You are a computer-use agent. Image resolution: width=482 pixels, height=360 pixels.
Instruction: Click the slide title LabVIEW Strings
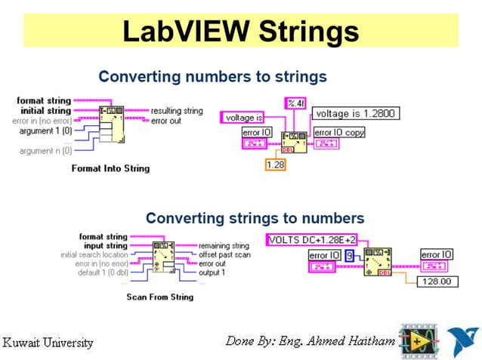(x=240, y=31)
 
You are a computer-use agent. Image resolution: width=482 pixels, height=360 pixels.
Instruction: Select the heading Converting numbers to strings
(x=212, y=76)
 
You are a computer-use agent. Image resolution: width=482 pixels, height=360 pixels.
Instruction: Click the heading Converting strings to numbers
(x=255, y=218)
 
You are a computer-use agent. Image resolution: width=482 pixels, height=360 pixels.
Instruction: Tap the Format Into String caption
(x=110, y=168)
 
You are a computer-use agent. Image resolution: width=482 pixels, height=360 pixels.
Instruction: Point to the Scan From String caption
(x=159, y=297)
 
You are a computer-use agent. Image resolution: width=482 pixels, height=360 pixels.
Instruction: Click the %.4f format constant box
(x=294, y=102)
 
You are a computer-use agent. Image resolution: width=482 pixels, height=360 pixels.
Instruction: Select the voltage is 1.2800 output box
(x=355, y=113)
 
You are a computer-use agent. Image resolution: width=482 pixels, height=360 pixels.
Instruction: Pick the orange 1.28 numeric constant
(x=275, y=165)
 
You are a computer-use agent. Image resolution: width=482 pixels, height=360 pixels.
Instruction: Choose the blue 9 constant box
(x=349, y=256)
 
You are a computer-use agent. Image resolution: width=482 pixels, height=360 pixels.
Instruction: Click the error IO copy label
(x=339, y=132)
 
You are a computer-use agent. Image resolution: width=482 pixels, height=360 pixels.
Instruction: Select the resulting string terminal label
(x=177, y=111)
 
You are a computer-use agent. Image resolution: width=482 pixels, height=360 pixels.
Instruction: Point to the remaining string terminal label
(x=224, y=245)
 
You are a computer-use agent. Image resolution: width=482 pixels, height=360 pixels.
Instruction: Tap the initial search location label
(x=94, y=254)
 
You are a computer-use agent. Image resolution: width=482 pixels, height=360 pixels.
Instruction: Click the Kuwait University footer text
(x=48, y=343)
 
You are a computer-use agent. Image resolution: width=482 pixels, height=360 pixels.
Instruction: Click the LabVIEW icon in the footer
(x=417, y=340)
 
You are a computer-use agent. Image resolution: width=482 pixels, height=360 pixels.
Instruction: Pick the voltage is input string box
(x=243, y=117)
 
